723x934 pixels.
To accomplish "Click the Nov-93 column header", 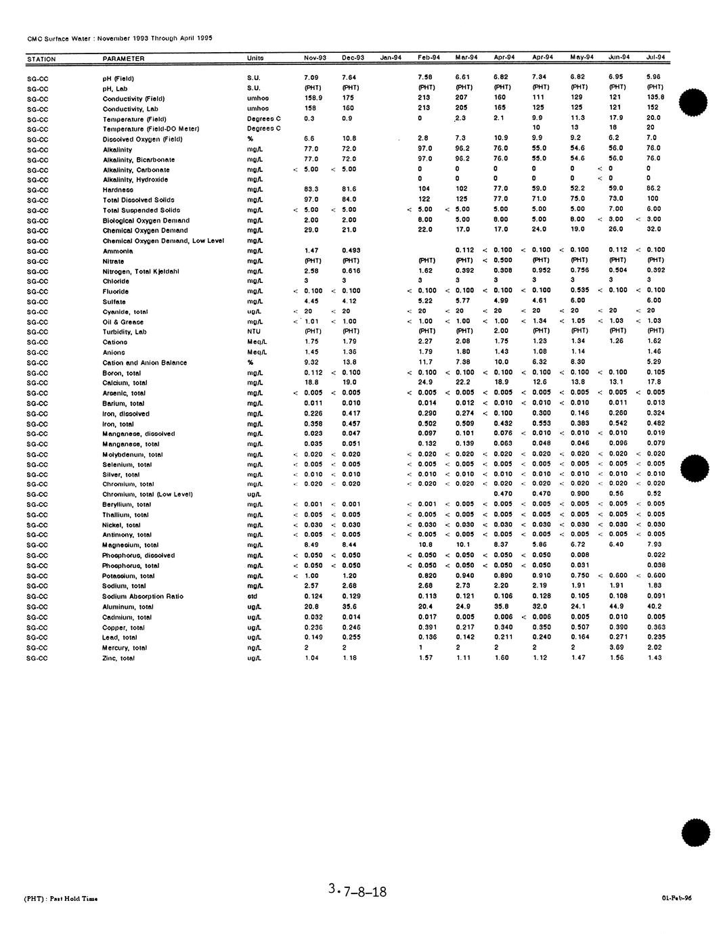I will pos(315,58).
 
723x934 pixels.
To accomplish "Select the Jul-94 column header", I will pos(655,57).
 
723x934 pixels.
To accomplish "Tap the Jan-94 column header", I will pos(391,58).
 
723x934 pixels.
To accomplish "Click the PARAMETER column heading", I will pos(123,59).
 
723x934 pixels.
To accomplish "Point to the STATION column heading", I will pos(41,60).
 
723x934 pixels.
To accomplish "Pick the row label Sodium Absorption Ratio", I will pos(142,596).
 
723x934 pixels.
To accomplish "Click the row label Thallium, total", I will pos(125,515).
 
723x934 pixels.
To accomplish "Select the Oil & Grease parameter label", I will pos(123,322).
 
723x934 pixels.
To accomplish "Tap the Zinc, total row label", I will pos(118,658).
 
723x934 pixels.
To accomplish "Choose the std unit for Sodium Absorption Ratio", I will pos(253,596).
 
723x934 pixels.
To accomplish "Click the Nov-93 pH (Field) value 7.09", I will pos(311,78).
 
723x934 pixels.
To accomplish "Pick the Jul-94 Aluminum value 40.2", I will pos(654,606).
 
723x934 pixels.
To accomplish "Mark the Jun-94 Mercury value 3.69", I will pos(616,647).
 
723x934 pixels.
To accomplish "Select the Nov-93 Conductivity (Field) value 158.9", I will pos(313,98).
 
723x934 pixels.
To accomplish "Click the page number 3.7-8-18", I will pos(357,891).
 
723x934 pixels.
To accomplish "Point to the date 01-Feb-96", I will pos(676,898).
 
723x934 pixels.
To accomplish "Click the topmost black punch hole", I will pos(693,102).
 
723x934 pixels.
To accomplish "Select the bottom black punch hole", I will pos(696,832).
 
